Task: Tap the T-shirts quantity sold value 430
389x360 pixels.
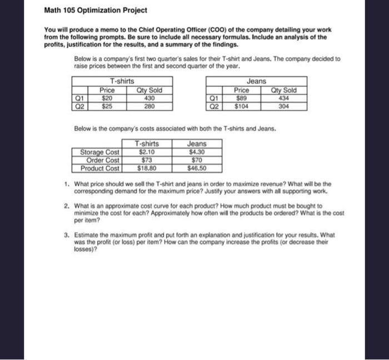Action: point(149,98)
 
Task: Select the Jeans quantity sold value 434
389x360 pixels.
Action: point(283,98)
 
